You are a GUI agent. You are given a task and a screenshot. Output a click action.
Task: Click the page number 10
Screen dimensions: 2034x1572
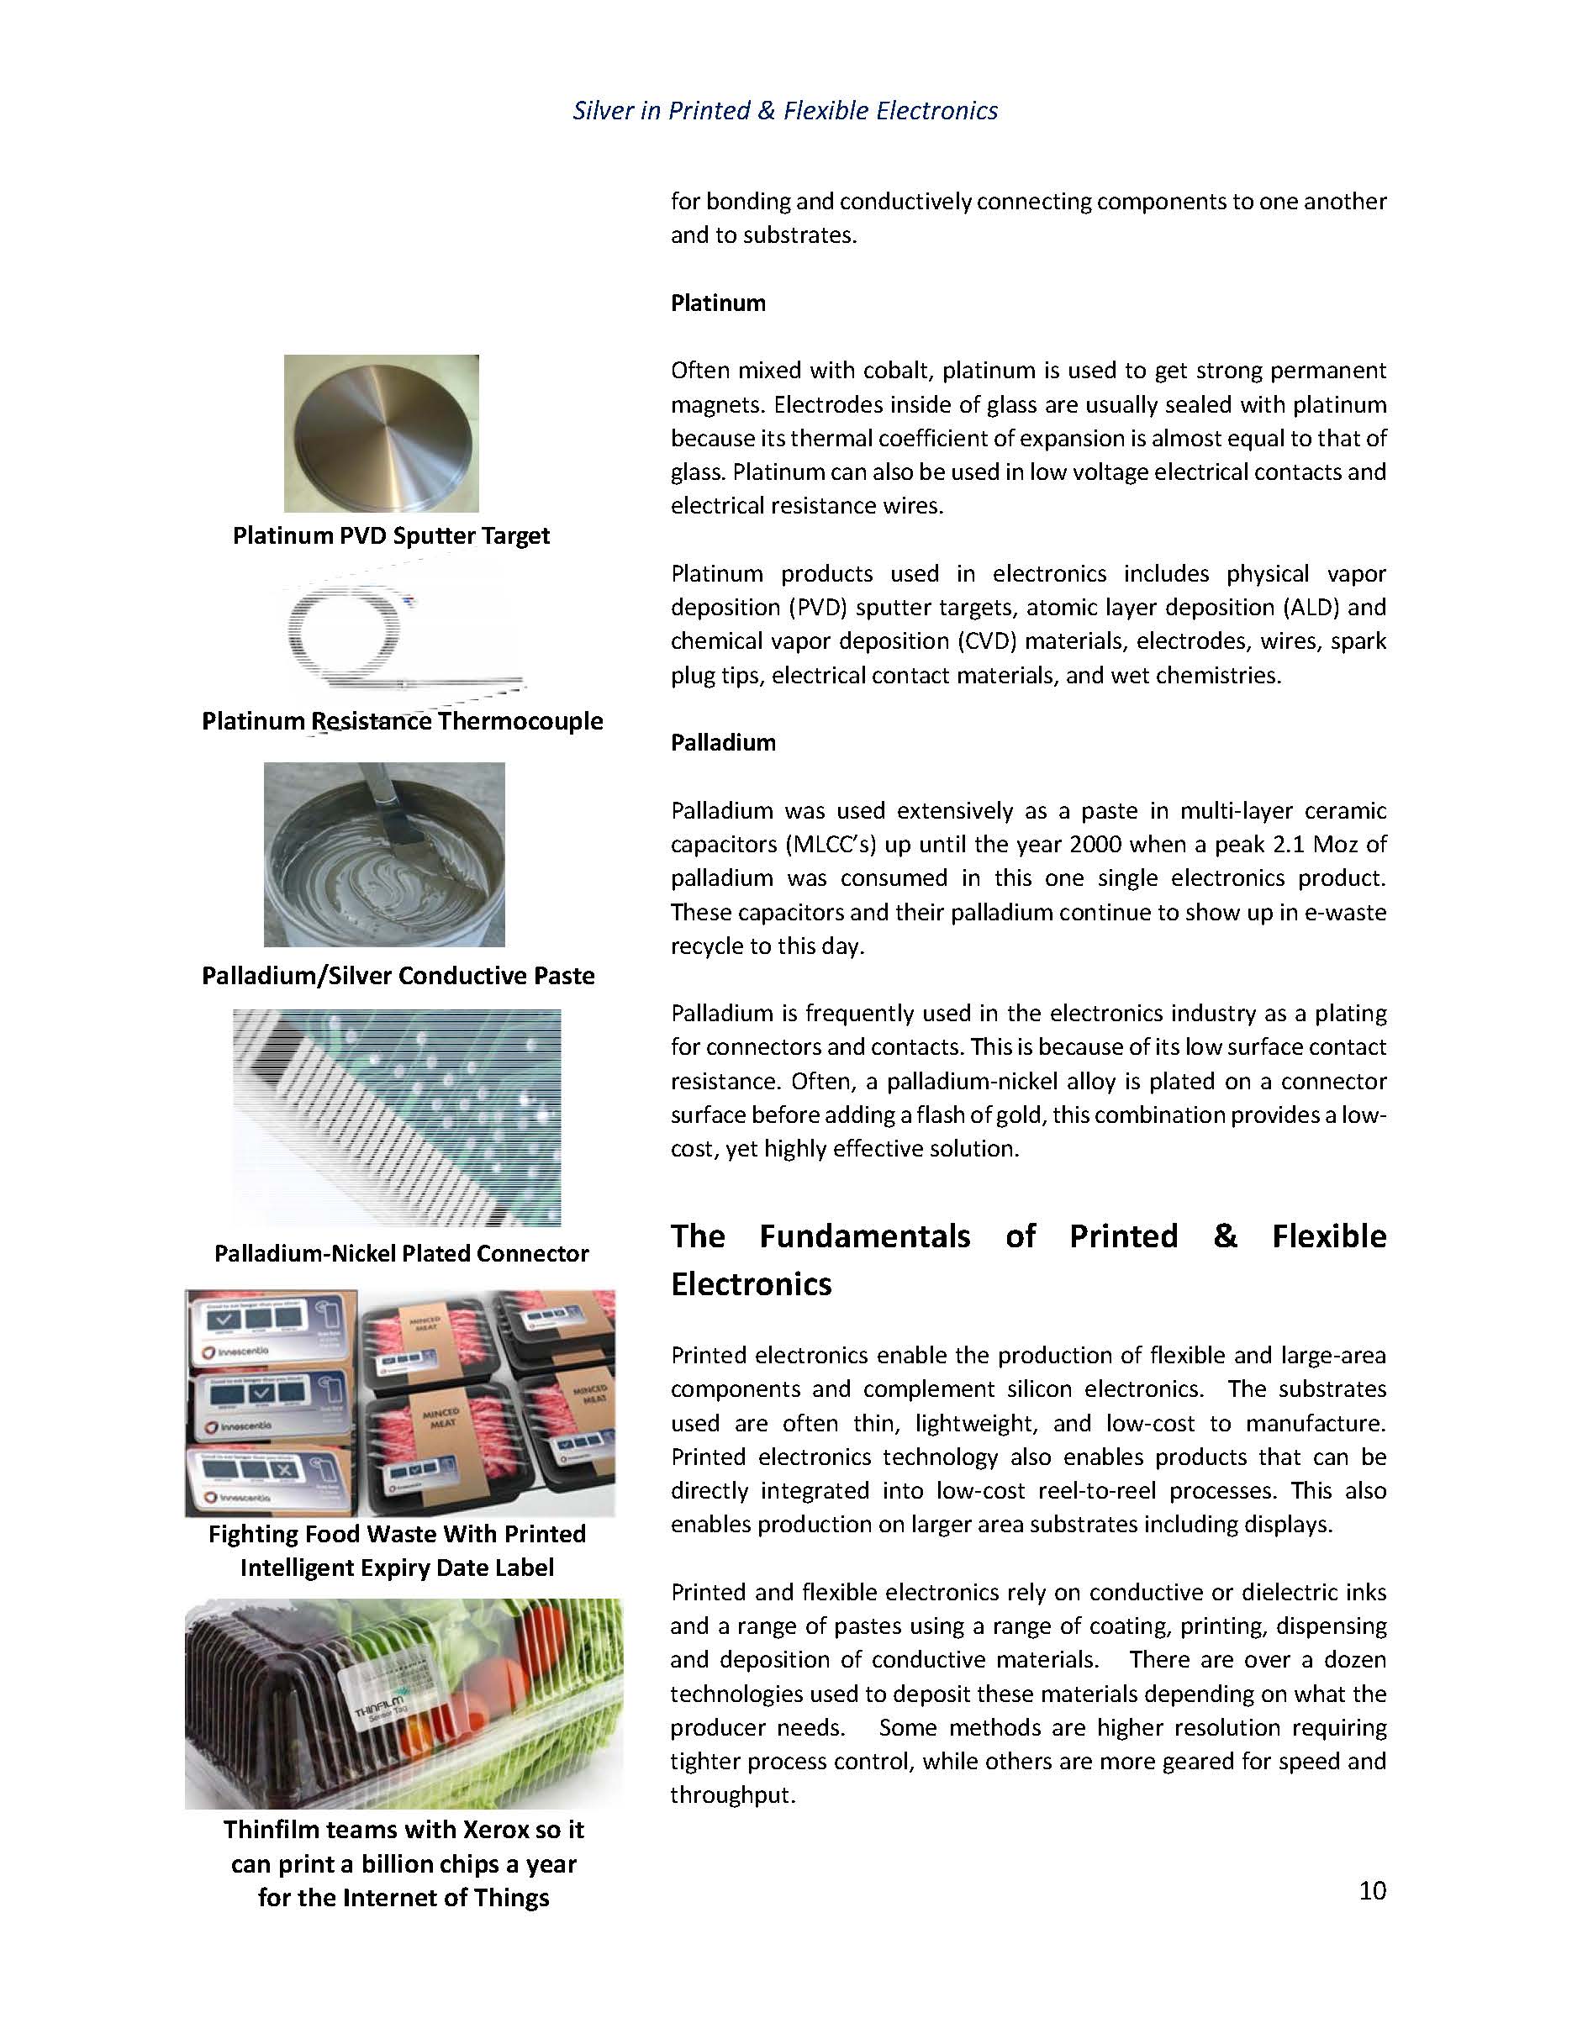coord(1372,1889)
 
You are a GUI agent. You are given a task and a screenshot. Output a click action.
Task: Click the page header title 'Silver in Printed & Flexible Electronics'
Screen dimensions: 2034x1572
coord(785,111)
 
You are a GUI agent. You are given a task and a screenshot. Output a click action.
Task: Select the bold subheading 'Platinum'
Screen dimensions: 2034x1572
coord(718,303)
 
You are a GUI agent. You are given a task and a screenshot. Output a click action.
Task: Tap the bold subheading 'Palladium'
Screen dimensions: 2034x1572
coord(723,742)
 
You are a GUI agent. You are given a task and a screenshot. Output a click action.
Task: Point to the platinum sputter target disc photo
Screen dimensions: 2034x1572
coord(381,433)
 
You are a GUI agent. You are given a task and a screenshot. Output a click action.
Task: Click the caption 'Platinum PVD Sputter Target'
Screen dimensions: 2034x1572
coord(391,535)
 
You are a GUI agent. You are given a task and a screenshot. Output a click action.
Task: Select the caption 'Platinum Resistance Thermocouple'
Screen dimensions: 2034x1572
coord(403,721)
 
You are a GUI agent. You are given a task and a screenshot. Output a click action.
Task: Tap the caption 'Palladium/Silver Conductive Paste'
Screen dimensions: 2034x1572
coord(398,975)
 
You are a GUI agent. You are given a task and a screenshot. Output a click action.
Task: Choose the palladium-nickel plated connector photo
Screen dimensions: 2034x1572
coord(397,1118)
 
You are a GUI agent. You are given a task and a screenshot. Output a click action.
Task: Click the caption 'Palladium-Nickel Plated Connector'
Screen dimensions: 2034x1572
coord(401,1253)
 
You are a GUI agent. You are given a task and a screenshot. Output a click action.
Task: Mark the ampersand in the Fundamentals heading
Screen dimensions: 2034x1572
coord(1225,1236)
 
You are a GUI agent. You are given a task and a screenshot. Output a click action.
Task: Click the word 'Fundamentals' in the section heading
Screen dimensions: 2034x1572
coord(864,1236)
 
